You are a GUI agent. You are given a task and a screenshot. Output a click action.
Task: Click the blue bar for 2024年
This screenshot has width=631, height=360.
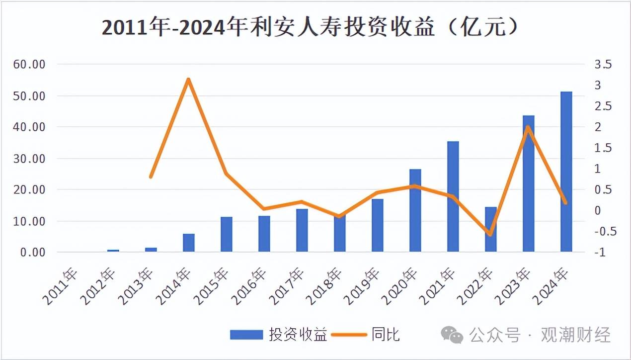tap(566, 172)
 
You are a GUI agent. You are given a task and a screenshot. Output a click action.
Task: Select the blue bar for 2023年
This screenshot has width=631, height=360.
tap(528, 183)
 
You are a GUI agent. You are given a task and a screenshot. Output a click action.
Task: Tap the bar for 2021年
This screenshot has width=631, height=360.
tap(453, 196)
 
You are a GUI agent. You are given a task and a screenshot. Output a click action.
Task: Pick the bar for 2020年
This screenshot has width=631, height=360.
tap(415, 210)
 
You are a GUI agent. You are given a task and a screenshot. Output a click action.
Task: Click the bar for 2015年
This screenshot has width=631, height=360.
tap(227, 234)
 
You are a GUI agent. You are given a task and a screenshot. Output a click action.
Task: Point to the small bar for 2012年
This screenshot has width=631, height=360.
tap(113, 251)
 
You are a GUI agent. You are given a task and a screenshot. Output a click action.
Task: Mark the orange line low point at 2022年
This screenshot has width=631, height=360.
tap(490, 234)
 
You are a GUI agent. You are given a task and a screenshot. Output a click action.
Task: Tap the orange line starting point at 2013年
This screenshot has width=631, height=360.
tap(151, 177)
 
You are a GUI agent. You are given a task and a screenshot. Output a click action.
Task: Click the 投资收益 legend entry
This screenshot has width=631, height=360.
tap(278, 335)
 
